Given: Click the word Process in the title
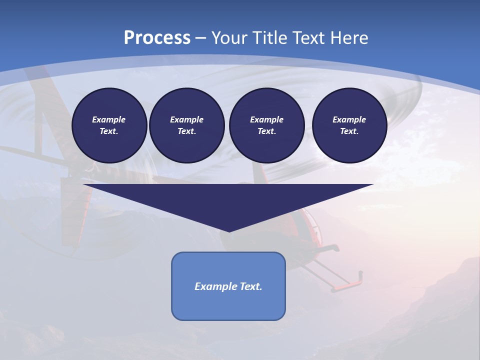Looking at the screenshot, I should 157,38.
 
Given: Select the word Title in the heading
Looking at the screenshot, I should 271,38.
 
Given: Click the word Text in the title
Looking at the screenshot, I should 309,38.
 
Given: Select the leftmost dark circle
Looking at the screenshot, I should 109,125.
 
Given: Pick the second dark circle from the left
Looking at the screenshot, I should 186,125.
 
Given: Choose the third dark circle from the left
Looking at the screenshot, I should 266,125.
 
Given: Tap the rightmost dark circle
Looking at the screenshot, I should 349,125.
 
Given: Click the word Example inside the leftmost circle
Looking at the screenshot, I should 108,119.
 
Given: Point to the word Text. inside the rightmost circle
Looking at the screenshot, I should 349,131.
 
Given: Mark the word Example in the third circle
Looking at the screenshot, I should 266,119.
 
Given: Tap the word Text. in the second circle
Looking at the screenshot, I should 186,131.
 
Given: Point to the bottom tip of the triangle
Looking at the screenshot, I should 229,230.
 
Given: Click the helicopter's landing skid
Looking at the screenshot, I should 345,285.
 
